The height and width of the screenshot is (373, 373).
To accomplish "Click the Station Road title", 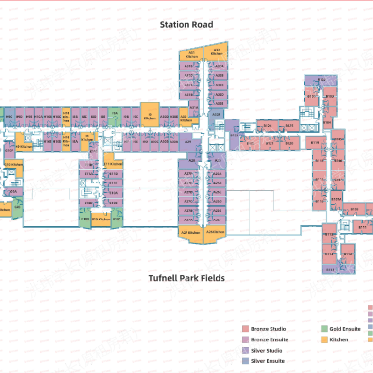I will (x=186, y=24).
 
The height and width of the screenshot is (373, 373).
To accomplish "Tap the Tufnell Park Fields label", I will (x=186, y=278).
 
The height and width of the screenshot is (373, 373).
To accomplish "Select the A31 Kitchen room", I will (x=192, y=54).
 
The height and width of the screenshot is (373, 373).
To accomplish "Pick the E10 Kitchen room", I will (x=102, y=219).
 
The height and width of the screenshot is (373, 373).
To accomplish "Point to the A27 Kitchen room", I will (x=191, y=233).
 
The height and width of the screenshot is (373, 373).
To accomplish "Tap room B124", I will (x=267, y=126).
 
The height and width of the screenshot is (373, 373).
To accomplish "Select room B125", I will (x=289, y=126).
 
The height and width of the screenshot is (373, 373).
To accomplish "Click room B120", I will (x=289, y=143).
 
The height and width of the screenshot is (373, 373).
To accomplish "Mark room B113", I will (x=330, y=270).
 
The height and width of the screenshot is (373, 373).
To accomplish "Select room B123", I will (x=234, y=136).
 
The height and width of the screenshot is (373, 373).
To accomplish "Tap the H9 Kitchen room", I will (x=23, y=146).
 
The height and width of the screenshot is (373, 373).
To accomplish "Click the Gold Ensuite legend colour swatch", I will (x=324, y=329).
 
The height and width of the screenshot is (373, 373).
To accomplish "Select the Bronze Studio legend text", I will (x=268, y=329).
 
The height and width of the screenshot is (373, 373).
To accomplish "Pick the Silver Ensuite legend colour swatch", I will (x=246, y=361).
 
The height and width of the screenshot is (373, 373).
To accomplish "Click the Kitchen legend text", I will (x=339, y=339).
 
